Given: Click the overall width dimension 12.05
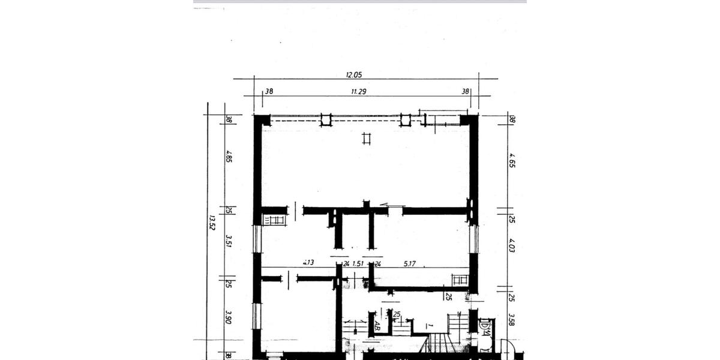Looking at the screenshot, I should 354,75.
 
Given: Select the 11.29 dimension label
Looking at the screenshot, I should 359,92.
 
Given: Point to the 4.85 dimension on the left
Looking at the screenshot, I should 229,157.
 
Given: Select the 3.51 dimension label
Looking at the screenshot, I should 229,241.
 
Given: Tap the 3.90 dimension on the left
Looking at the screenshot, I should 229,316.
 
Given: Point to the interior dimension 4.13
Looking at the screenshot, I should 309,262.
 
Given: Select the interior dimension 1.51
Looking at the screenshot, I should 358,262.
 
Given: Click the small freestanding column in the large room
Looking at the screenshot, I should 367,139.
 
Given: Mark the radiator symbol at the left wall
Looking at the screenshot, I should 275,220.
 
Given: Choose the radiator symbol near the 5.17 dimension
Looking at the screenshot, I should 460,279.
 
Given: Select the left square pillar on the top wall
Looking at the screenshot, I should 326,120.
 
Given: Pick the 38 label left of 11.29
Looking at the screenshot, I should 269,92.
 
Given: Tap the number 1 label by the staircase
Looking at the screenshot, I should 429,325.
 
